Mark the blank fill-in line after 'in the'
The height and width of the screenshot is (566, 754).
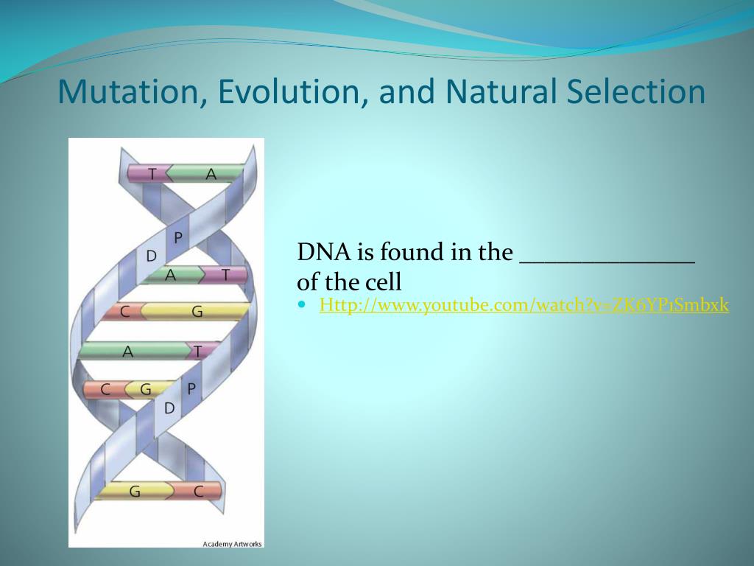tap(607, 262)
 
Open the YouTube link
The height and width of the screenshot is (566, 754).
tap(524, 305)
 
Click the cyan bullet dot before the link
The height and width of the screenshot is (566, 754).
tap(302, 304)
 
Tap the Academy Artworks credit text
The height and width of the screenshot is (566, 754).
tap(232, 544)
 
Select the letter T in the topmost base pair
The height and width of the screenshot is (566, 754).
tap(152, 174)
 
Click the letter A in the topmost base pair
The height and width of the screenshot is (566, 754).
tap(211, 174)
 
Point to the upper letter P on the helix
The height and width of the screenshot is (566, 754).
tap(178, 237)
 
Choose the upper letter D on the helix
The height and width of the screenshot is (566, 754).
tap(152, 256)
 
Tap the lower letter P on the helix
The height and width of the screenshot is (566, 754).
tap(191, 388)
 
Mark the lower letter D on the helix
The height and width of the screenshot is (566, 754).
tap(169, 408)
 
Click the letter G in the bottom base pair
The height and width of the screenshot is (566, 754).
tap(135, 492)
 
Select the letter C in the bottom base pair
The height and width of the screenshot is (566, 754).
tap(199, 492)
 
